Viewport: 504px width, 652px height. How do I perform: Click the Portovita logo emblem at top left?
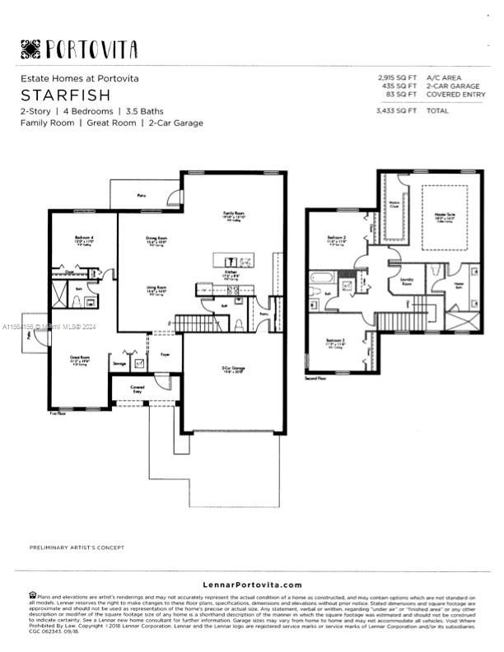coord(30,49)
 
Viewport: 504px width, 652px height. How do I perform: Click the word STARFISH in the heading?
coord(54,94)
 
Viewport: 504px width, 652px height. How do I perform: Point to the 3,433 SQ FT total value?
coord(396,109)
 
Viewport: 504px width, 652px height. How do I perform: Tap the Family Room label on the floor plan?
coord(234,214)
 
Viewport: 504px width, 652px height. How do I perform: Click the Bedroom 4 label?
coord(82,239)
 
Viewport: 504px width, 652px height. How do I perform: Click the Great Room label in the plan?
coord(79,358)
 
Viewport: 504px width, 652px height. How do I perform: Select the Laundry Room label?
coord(406,281)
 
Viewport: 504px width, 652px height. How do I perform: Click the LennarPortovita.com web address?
coord(252,584)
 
